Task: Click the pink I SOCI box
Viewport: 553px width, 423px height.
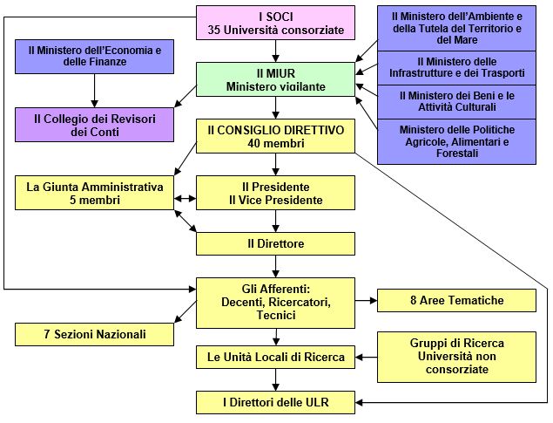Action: click(x=275, y=23)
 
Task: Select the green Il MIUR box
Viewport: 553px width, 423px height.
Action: click(x=275, y=79)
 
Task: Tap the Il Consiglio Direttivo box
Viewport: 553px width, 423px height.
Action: click(x=275, y=136)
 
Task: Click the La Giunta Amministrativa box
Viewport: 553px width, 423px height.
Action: click(x=95, y=193)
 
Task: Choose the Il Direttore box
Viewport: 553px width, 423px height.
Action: click(x=275, y=243)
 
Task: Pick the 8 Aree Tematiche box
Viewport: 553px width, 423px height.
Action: click(x=456, y=301)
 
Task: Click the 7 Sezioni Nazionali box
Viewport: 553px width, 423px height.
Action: click(x=95, y=334)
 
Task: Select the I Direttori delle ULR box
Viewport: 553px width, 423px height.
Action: click(x=275, y=402)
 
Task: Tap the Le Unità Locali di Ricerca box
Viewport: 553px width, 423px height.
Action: click(x=275, y=357)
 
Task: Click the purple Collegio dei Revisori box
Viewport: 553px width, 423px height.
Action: click(x=95, y=125)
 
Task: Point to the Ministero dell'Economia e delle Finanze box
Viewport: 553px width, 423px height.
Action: click(x=95, y=57)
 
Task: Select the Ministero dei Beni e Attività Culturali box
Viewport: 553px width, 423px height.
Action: click(x=456, y=102)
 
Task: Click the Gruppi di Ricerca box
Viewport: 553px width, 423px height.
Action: click(x=456, y=357)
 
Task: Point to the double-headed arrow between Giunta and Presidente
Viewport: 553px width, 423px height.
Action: click(x=185, y=199)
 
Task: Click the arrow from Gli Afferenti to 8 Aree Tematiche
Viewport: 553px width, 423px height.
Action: click(x=366, y=301)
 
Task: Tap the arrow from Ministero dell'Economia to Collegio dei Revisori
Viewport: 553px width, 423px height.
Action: click(x=95, y=91)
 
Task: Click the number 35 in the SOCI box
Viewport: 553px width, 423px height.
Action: click(x=214, y=30)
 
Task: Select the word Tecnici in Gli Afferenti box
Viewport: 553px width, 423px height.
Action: click(x=276, y=315)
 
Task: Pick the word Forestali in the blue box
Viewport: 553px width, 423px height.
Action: click(x=457, y=154)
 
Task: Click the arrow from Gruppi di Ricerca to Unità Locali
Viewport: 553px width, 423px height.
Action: click(x=366, y=358)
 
